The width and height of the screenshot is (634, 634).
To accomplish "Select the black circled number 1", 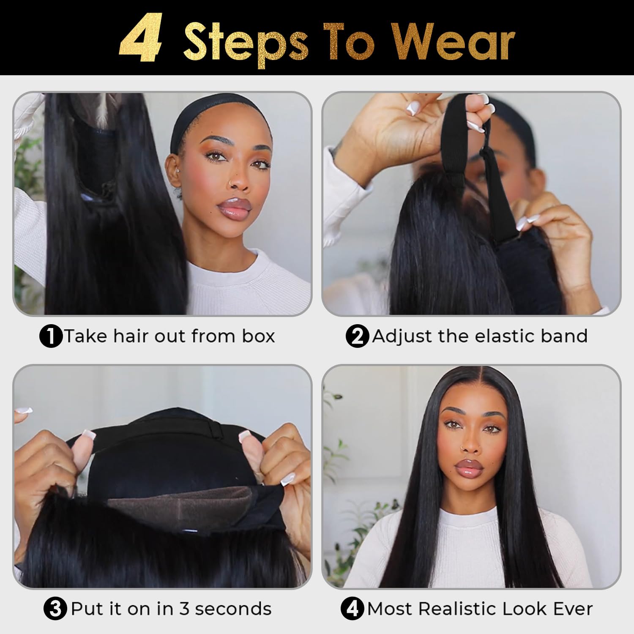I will (50, 337).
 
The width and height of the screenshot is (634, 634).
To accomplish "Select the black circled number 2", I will (357, 337).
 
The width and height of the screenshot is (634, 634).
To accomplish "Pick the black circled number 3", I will (55, 609).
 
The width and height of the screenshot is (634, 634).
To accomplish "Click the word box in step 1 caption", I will (258, 336).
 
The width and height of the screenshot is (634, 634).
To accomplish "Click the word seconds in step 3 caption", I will (233, 609).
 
